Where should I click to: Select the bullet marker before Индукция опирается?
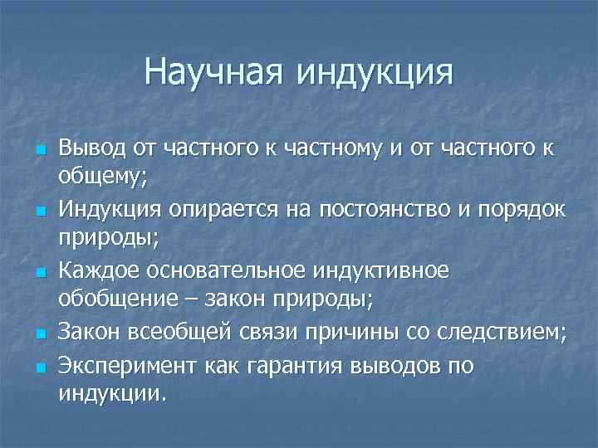[38, 214]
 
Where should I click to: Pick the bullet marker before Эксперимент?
[38, 367]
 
